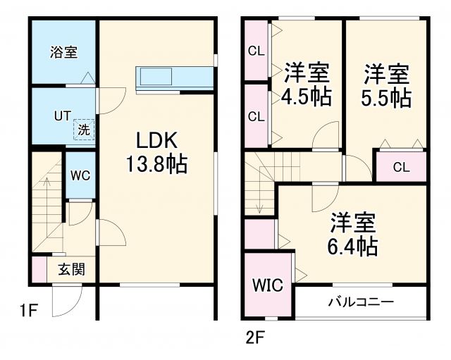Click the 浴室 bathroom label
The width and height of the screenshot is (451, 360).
coord(63,51)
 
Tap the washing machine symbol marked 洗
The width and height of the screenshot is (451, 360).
coord(84,129)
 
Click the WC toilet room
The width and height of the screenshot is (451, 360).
coord(80,176)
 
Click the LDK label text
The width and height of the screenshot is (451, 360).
coord(156,139)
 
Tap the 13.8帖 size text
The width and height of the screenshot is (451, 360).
coord(156,165)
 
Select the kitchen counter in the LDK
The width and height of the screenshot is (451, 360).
coord(175,77)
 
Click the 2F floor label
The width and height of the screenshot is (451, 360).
coord(254,337)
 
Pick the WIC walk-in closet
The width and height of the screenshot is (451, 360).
coord(268,285)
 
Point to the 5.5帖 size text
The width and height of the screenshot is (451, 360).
coord(387,97)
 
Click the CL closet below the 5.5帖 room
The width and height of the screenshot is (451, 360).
coord(400,167)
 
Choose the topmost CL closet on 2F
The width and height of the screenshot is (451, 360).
coord(255,51)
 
